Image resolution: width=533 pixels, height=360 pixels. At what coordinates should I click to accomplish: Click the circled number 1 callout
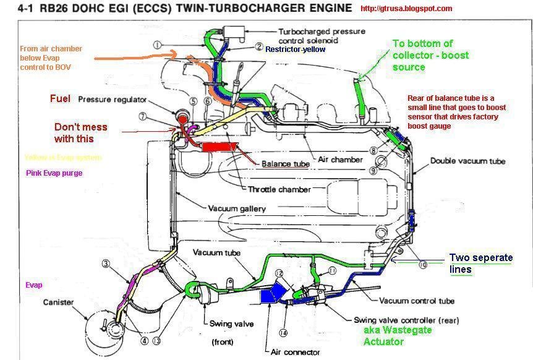(x=158, y=45)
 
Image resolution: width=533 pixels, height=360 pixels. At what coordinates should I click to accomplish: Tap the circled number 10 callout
(x=422, y=264)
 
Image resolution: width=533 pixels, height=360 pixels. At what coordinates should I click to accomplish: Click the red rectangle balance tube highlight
(x=220, y=148)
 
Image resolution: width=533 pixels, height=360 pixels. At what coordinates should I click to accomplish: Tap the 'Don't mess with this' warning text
(x=80, y=132)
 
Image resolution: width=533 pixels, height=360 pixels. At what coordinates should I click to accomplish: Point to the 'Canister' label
(x=59, y=302)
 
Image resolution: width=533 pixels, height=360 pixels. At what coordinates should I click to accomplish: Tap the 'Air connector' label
(x=296, y=352)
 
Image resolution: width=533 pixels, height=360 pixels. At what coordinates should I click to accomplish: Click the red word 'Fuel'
(x=61, y=99)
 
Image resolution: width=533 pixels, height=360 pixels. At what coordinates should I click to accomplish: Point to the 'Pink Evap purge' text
(x=54, y=173)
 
